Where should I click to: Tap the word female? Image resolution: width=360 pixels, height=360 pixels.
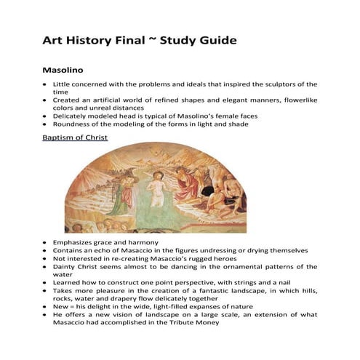[x=223, y=116]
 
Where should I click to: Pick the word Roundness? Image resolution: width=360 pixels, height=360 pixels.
[x=74, y=124]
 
